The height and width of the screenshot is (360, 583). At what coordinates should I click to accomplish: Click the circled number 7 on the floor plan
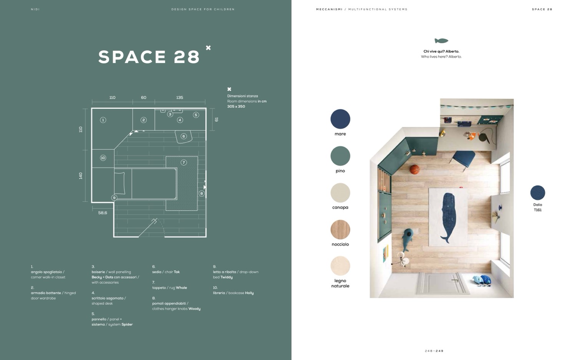(x=184, y=163)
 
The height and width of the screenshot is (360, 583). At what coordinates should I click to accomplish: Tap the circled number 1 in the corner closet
(x=103, y=120)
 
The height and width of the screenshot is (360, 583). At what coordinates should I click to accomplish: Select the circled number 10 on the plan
(x=103, y=158)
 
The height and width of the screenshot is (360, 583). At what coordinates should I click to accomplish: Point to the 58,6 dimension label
(x=103, y=213)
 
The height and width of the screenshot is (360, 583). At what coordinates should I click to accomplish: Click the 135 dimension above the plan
(x=179, y=97)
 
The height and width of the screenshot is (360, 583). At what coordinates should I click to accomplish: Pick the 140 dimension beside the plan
(x=80, y=176)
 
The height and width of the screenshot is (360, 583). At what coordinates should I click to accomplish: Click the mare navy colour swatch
(x=340, y=119)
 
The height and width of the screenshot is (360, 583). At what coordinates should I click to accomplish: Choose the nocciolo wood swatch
(x=340, y=230)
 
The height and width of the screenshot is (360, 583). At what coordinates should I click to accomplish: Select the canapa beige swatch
(x=340, y=193)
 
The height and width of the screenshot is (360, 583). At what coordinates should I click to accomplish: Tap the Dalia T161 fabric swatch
(x=538, y=193)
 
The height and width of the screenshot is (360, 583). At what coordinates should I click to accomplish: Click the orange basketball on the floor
(x=415, y=169)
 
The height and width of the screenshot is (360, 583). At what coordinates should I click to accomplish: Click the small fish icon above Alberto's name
(x=441, y=41)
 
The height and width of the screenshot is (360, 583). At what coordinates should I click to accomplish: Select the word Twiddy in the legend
(x=226, y=277)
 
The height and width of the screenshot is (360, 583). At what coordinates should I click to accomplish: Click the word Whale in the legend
(x=181, y=288)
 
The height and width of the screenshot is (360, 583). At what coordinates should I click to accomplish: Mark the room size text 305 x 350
(x=236, y=107)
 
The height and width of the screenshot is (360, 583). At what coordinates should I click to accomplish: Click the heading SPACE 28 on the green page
(x=149, y=57)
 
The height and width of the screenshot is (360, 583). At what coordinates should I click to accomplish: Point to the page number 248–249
(x=434, y=351)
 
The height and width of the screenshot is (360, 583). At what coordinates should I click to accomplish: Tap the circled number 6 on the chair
(x=184, y=136)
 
